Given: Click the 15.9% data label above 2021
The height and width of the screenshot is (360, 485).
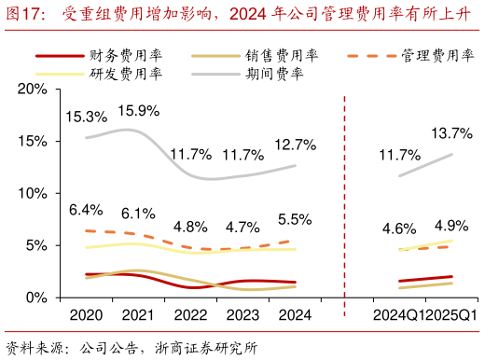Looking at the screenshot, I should (x=139, y=110).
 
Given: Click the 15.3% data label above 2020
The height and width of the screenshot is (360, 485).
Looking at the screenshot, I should (x=86, y=117).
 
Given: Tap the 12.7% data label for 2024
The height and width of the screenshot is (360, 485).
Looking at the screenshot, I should (x=295, y=145).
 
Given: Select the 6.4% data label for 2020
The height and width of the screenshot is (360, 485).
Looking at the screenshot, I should (x=86, y=210).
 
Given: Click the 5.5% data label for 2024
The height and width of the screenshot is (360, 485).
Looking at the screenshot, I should (x=295, y=219).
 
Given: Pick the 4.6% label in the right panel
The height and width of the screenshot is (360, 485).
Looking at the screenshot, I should (x=399, y=228).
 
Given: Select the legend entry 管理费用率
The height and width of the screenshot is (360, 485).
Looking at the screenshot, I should (x=435, y=55).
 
